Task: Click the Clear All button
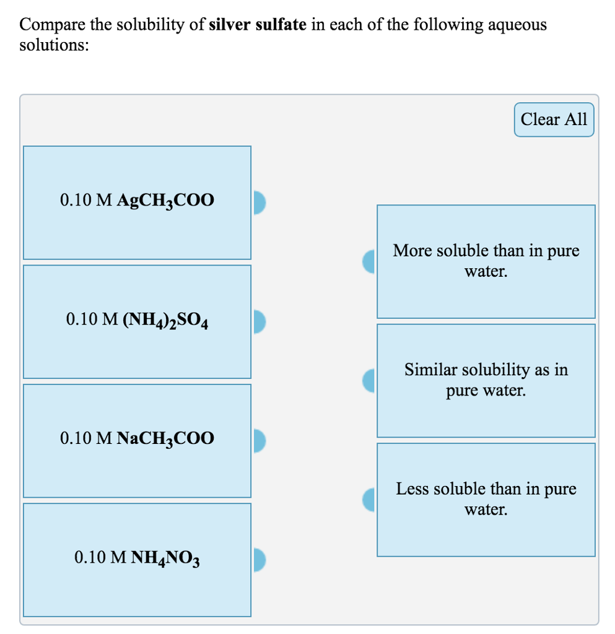click(554, 119)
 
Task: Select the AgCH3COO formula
click(165, 201)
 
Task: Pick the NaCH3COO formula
click(165, 439)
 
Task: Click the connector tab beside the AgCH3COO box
click(259, 202)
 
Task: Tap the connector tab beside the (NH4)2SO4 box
click(259, 321)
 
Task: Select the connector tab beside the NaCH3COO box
click(259, 440)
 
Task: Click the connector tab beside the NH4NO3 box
click(259, 559)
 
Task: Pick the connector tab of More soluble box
click(370, 261)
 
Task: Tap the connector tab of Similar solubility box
click(370, 380)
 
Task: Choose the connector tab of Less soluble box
click(370, 499)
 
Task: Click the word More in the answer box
click(412, 251)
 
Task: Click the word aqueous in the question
click(517, 25)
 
